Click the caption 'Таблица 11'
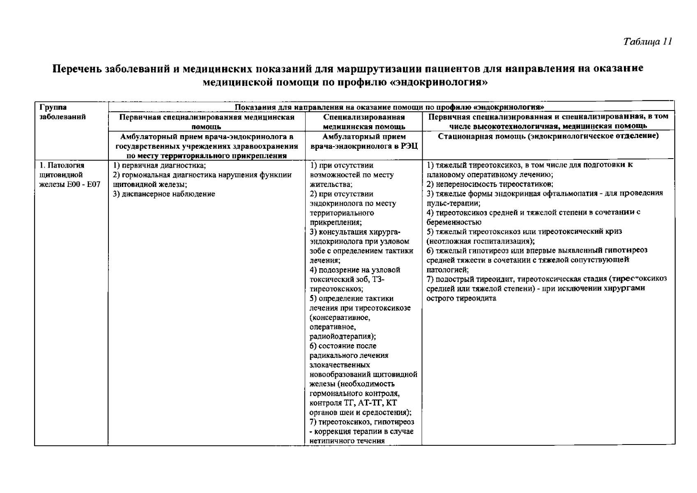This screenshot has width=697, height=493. click(x=647, y=42)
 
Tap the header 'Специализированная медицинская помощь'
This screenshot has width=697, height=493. click(x=363, y=122)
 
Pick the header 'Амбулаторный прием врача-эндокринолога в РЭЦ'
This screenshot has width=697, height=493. click(x=364, y=141)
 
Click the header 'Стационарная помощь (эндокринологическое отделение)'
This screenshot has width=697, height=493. click(x=548, y=136)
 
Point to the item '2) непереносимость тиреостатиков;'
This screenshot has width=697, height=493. click(x=490, y=184)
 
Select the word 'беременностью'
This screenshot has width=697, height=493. click(x=454, y=222)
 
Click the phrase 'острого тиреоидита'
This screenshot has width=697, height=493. click(x=461, y=298)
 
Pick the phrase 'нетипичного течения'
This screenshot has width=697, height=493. click(x=347, y=441)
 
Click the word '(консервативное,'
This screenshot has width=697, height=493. click(x=340, y=318)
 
